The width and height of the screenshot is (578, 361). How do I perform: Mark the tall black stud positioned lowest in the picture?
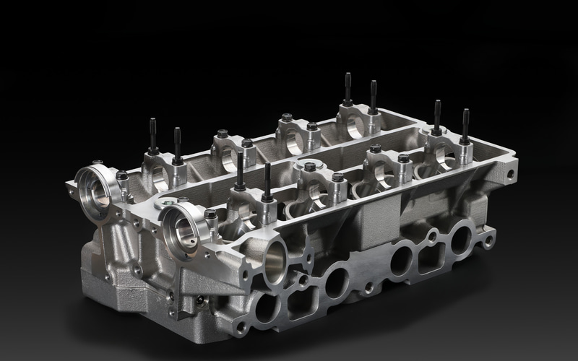tap(267, 181)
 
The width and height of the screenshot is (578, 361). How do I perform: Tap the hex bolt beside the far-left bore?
tap(122, 175)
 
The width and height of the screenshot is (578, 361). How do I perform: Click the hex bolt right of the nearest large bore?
tap(210, 214)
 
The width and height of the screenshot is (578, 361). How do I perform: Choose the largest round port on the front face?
tap(276, 260)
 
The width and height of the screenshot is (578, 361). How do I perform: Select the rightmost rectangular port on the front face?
tap(431, 255)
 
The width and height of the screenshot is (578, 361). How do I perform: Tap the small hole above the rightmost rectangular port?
tap(432, 235)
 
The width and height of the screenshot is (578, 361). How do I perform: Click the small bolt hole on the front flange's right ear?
tap(489, 239)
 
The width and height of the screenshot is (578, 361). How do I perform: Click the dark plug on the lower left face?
tap(197, 299)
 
